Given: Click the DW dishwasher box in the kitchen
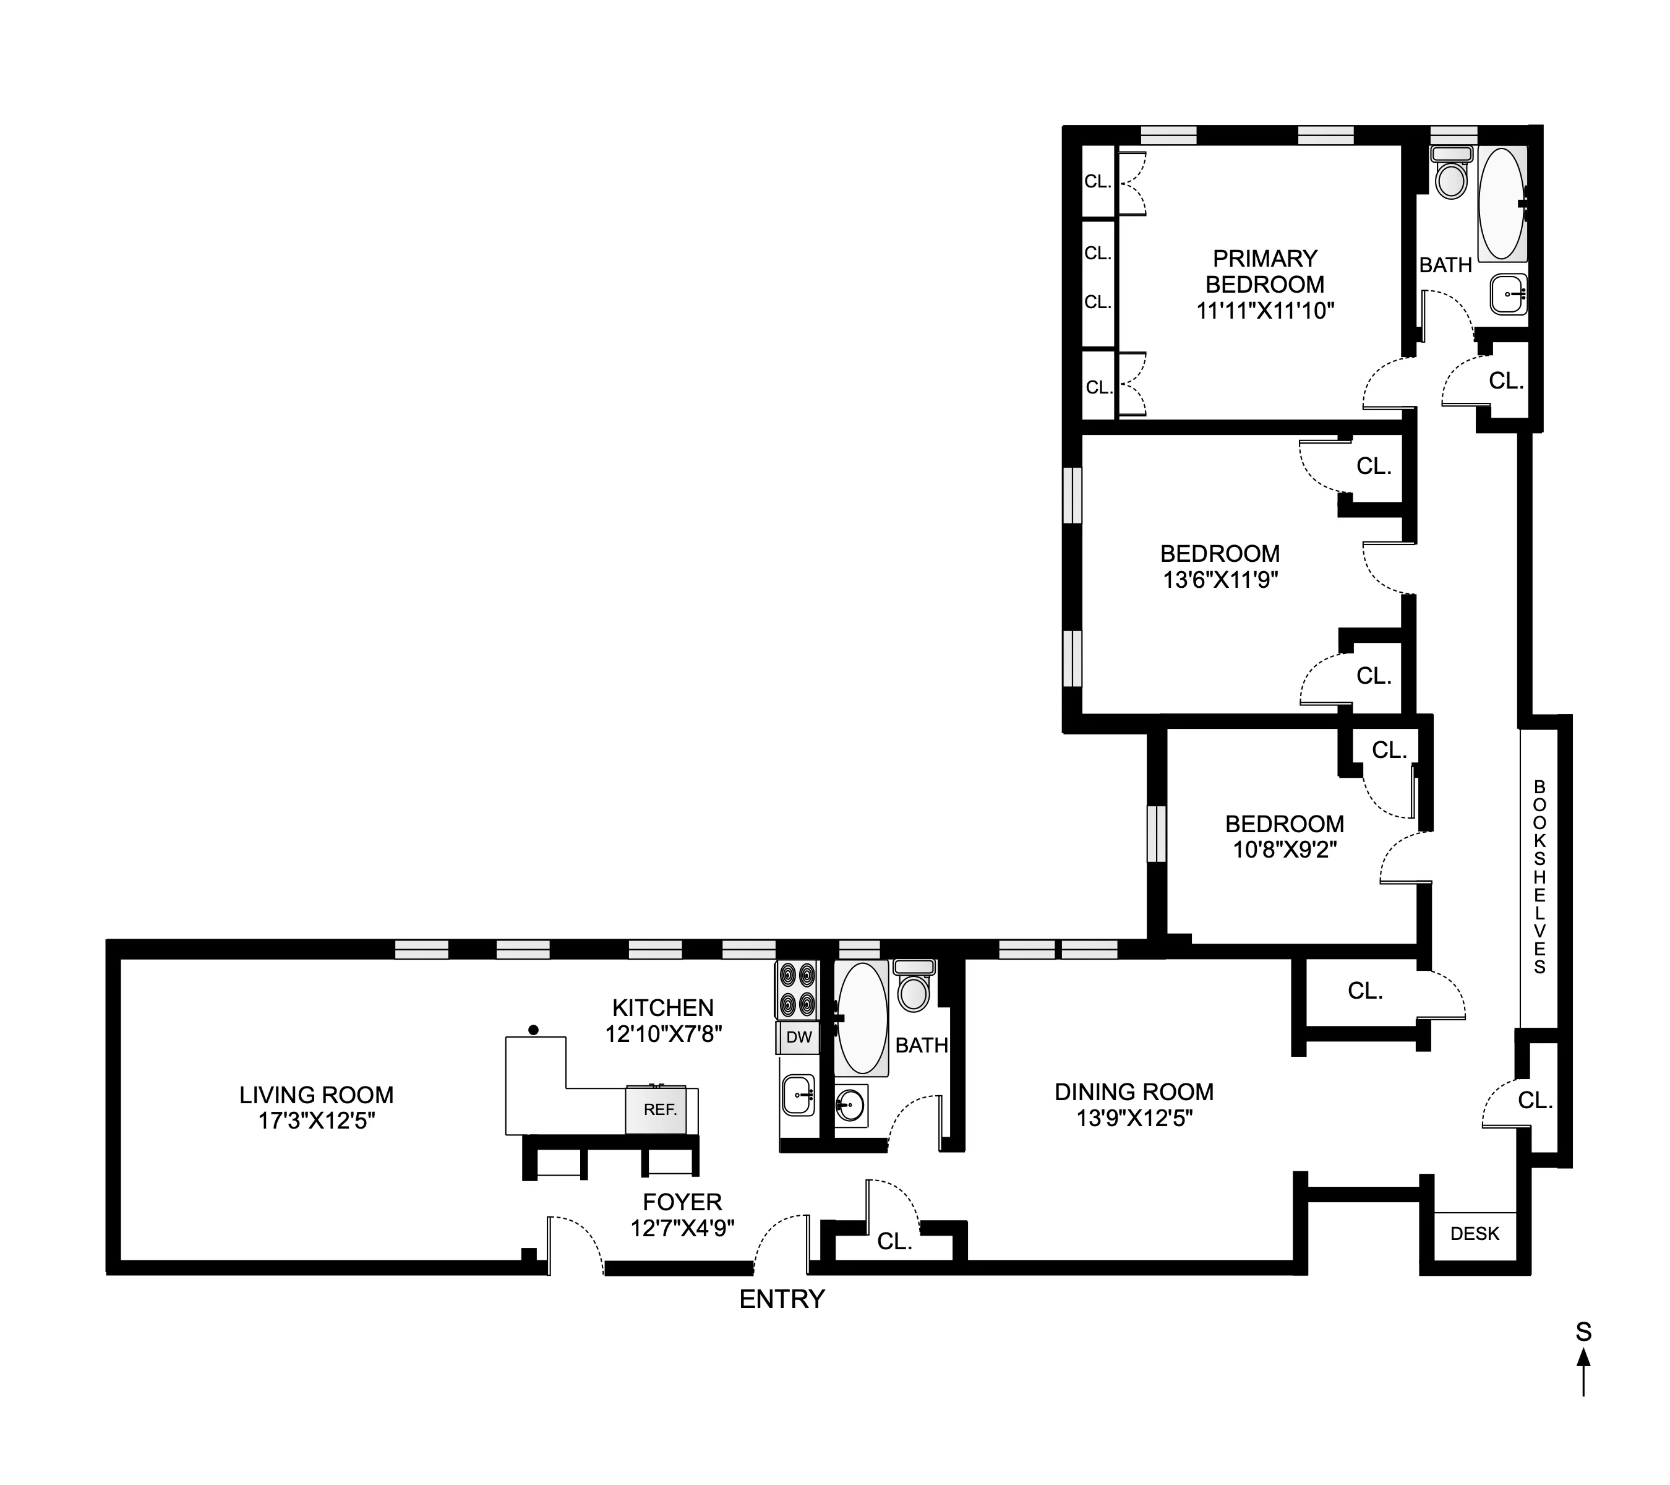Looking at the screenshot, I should [x=799, y=1037].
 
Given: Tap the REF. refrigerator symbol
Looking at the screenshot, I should [x=659, y=1110].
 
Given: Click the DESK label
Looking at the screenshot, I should [x=1475, y=1233].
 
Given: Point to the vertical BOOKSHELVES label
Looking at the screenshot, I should [x=1539, y=877].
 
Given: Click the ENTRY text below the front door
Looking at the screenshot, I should [x=782, y=1299].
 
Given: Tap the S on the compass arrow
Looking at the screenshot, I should [x=1583, y=1333].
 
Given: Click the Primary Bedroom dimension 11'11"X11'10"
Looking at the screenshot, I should [x=1265, y=311].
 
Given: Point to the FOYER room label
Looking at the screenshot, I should [x=682, y=1202].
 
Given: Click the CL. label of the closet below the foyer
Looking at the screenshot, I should [x=894, y=1241].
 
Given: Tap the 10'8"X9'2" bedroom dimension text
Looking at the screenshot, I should [x=1285, y=850].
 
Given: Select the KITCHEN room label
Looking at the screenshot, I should [x=662, y=1008].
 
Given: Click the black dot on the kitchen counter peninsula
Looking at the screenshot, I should [x=534, y=1030].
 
